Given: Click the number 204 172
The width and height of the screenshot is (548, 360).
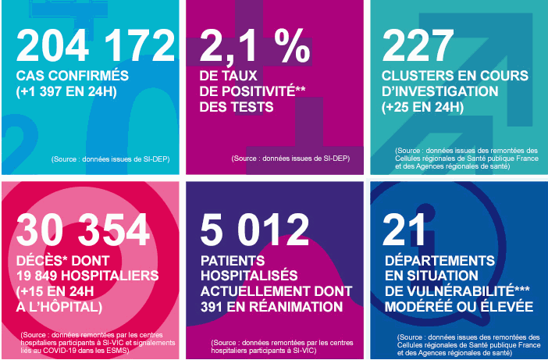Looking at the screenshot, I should [x=95, y=46].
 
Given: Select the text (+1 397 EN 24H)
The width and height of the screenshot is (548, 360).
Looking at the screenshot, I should [x=69, y=91].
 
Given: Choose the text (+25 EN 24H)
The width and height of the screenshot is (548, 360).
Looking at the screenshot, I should [x=426, y=107].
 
